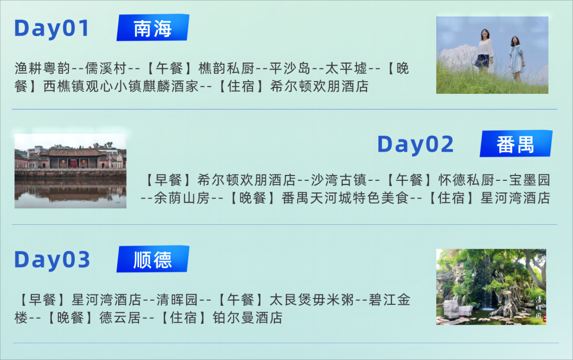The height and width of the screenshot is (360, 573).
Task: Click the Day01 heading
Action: coord(51,29)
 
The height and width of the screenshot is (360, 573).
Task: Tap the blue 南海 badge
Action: coord(153,28)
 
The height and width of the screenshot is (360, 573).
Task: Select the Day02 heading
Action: coord(415,144)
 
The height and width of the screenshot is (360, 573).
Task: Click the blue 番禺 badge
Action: coord(516,144)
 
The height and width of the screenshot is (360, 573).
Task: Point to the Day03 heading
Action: coord(52,260)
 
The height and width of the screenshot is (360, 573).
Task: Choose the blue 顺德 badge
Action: coord(153,259)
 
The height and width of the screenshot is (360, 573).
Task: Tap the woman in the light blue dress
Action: coord(516,58)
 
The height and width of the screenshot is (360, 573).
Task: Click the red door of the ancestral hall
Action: coord(73,164)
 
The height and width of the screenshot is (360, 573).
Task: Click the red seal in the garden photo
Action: coord(544,319)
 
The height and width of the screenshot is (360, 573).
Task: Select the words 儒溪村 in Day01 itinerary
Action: coord(106,68)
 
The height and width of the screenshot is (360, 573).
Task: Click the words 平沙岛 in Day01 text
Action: coord(290,68)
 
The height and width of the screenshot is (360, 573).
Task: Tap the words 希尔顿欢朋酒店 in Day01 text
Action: coord(319,86)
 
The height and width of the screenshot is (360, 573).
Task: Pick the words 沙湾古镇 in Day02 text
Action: coord(338,180)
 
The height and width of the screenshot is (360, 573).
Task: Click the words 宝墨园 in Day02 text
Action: coord(529,180)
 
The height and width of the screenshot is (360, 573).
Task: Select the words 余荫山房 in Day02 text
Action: coord(182,198)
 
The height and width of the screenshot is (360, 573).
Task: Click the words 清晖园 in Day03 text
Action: coord(177,300)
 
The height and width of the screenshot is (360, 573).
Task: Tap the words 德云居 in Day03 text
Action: coord(120,318)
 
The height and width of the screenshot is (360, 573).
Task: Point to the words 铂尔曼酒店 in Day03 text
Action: coord(248,318)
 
